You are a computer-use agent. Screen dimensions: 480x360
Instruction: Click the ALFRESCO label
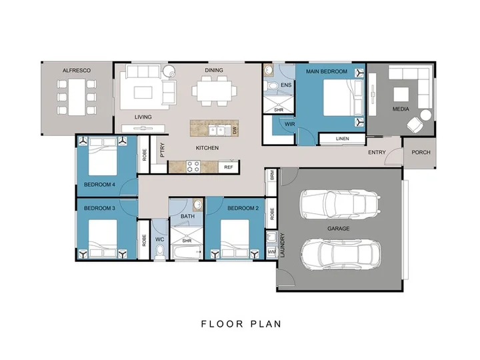[77, 71]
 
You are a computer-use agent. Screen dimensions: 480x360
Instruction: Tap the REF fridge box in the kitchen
[229, 167]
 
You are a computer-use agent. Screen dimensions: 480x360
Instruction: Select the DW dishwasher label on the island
[235, 131]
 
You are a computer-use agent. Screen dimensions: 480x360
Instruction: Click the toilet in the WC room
[159, 253]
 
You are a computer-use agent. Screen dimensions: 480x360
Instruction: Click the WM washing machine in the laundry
[271, 252]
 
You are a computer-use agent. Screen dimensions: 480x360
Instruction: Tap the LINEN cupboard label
[342, 139]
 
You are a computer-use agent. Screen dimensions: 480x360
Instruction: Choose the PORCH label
[421, 152]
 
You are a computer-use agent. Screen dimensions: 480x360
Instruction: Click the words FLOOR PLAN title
[241, 324]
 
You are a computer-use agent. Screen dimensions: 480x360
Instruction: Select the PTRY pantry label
[162, 150]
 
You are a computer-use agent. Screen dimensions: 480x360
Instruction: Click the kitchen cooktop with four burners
[193, 167]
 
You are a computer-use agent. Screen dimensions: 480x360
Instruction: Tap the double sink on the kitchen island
[217, 131]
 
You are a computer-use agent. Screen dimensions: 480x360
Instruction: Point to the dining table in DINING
[214, 91]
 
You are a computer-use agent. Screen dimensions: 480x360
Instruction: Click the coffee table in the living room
[143, 93]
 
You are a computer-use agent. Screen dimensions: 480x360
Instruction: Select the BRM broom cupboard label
[272, 175]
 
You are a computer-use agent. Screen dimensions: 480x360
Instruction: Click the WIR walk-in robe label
[289, 124]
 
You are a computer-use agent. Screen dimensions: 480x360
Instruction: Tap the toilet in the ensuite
[270, 85]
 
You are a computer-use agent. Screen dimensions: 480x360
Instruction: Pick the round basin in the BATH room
[197, 204]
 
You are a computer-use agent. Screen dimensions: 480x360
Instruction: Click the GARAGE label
[338, 229]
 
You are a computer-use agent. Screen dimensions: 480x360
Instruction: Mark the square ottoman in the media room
[401, 94]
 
